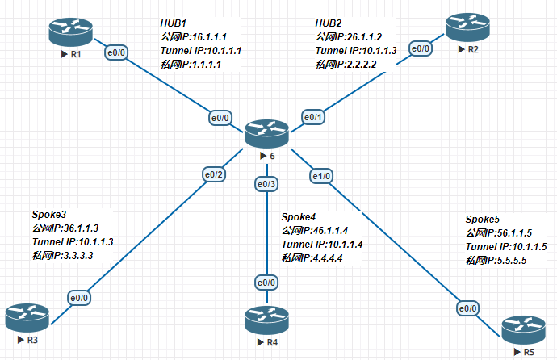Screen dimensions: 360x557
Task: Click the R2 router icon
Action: coord(467,27)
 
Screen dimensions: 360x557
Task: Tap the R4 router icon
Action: coord(266,319)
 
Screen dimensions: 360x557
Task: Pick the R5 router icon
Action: coord(522,329)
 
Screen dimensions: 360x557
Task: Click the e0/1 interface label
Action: coord(312,117)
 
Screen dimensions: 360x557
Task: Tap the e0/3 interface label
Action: coord(266,185)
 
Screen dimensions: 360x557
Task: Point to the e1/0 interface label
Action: coord(320,174)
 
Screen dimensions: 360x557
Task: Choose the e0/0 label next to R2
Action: coord(421,49)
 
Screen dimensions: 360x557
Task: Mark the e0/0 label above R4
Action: coord(266,282)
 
